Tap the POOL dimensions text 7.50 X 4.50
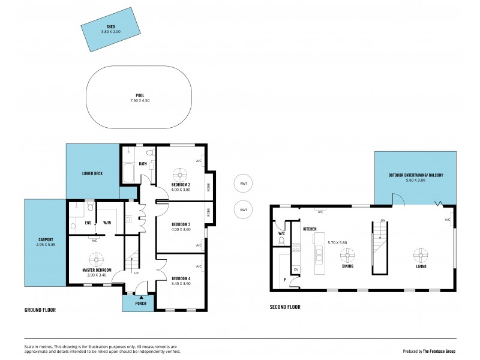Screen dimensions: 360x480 coord(140,101)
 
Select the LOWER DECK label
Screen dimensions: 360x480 coord(92,173)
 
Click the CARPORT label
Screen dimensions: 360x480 coord(46,239)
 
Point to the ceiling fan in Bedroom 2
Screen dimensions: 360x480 coord(181,173)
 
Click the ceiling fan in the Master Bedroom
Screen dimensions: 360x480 coord(97,259)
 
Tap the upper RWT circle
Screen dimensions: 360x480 coord(243,183)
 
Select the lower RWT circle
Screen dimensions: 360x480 coord(243,209)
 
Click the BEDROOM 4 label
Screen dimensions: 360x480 coord(181,279)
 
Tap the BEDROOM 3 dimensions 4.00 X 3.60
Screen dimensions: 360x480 coord(181,229)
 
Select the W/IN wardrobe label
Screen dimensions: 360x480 coord(107,223)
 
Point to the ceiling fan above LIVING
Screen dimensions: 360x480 coord(420,255)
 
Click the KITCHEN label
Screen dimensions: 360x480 coord(310,230)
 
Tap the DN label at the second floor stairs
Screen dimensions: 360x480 coord(382,221)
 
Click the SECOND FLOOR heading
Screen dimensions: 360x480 coord(285,307)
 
